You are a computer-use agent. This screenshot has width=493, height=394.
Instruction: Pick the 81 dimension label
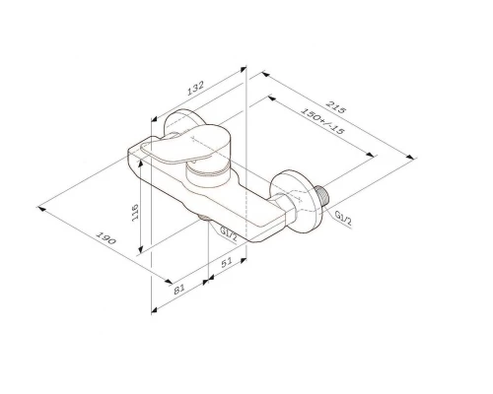pos(178,290)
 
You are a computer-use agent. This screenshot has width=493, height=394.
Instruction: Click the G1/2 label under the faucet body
pos(228,232)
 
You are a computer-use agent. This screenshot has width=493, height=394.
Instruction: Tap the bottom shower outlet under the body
pos(205,222)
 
